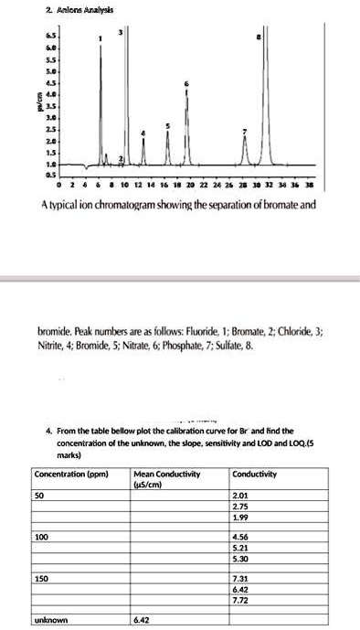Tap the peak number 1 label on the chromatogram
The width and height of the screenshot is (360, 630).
point(101,40)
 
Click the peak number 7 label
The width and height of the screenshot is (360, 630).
point(245,132)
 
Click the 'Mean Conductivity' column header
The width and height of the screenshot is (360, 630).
point(166,473)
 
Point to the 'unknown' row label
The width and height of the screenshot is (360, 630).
point(51,620)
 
